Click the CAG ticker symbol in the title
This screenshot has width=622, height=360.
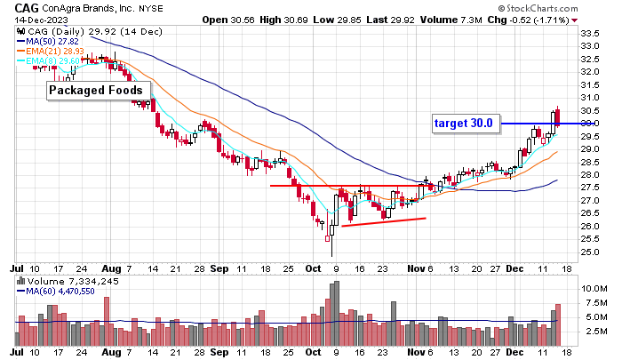click(x=27, y=7)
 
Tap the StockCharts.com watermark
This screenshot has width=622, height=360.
click(x=538, y=8)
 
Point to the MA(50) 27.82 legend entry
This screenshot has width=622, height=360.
click(x=48, y=41)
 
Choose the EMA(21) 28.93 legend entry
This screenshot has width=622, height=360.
click(x=51, y=52)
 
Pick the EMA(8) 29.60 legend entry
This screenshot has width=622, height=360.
click(x=48, y=61)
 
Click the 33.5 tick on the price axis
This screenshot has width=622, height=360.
click(x=589, y=34)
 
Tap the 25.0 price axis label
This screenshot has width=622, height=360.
click(x=589, y=252)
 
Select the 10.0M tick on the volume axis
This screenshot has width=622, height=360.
click(x=594, y=289)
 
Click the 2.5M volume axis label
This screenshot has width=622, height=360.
click(x=594, y=331)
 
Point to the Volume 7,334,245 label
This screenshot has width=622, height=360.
click(x=68, y=282)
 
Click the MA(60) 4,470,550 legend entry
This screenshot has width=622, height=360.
click(x=56, y=292)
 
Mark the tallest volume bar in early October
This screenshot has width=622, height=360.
click(x=337, y=313)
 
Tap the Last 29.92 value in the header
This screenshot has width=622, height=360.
click(x=392, y=20)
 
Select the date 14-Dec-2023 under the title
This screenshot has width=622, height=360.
click(x=41, y=20)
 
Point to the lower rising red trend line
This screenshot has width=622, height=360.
click(x=384, y=222)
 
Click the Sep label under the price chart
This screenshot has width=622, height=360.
click(x=219, y=269)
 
